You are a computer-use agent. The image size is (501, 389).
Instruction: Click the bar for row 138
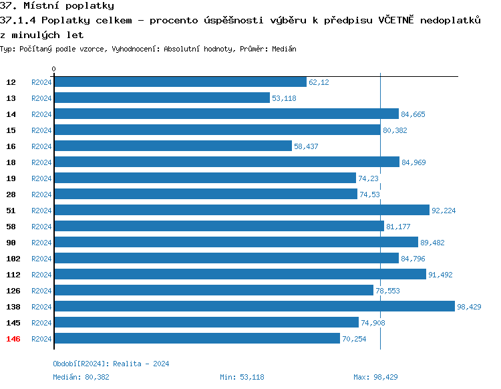click(x=254, y=306)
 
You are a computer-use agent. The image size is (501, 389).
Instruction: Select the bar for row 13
click(x=162, y=98)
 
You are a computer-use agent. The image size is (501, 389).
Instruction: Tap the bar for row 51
click(x=241, y=210)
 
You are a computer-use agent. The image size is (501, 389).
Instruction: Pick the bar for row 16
click(x=172, y=146)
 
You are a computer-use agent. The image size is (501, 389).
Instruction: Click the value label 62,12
click(x=319, y=82)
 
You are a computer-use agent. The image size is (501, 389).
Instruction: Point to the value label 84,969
click(x=413, y=162)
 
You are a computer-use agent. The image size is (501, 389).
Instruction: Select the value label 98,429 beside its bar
click(x=469, y=307)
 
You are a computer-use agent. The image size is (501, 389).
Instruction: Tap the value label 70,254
click(x=355, y=339)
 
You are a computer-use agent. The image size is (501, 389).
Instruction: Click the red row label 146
click(x=13, y=339)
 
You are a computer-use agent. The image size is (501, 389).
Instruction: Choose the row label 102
click(x=13, y=259)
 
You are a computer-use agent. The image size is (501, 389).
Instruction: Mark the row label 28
click(x=11, y=194)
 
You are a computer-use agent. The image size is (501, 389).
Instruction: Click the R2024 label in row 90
click(x=41, y=243)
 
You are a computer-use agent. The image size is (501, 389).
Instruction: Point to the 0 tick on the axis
click(x=53, y=69)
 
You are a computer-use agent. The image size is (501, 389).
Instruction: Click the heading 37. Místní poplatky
click(x=57, y=6)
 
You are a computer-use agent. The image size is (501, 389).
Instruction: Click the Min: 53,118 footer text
click(x=242, y=377)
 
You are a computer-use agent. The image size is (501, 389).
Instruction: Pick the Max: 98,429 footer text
click(x=375, y=377)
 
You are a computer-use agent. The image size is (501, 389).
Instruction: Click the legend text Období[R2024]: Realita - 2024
click(x=111, y=364)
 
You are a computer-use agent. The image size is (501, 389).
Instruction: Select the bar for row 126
click(x=213, y=290)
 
